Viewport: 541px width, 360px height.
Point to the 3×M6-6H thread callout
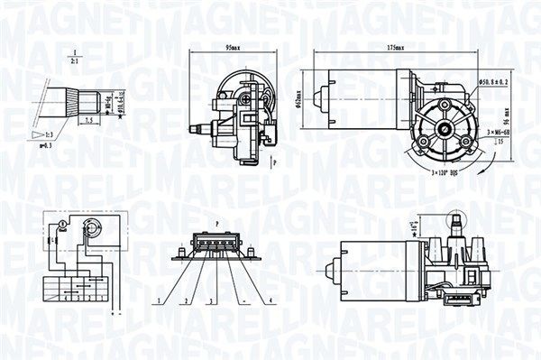coord(500,133)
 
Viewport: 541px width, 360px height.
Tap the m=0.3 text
coord(45,145)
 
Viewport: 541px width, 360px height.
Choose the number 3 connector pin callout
coord(208,300)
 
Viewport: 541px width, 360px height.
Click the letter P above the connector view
coord(218,221)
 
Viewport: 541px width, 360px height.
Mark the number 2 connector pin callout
coord(183,300)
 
